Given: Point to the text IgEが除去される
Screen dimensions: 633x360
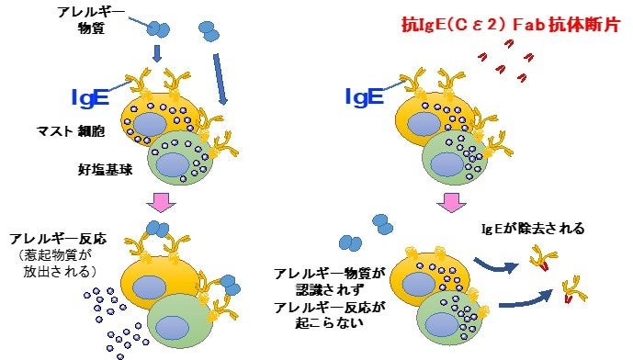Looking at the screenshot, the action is (534, 227).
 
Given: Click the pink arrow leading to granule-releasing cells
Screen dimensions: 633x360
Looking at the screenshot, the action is (162, 201).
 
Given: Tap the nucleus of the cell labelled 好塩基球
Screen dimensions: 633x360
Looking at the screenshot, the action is (173, 166).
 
